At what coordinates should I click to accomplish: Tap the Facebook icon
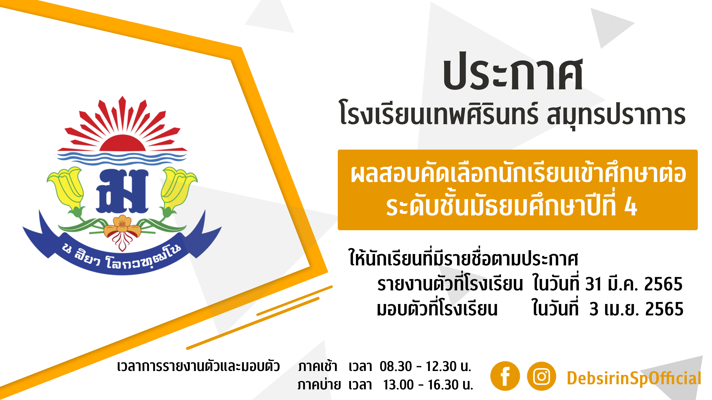point(505,376)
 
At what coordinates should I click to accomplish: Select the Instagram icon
point(541,376)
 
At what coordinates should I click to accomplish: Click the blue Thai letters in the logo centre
point(122,191)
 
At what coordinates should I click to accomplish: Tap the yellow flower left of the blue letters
point(66,190)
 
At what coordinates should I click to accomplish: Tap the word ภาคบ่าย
point(319,385)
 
